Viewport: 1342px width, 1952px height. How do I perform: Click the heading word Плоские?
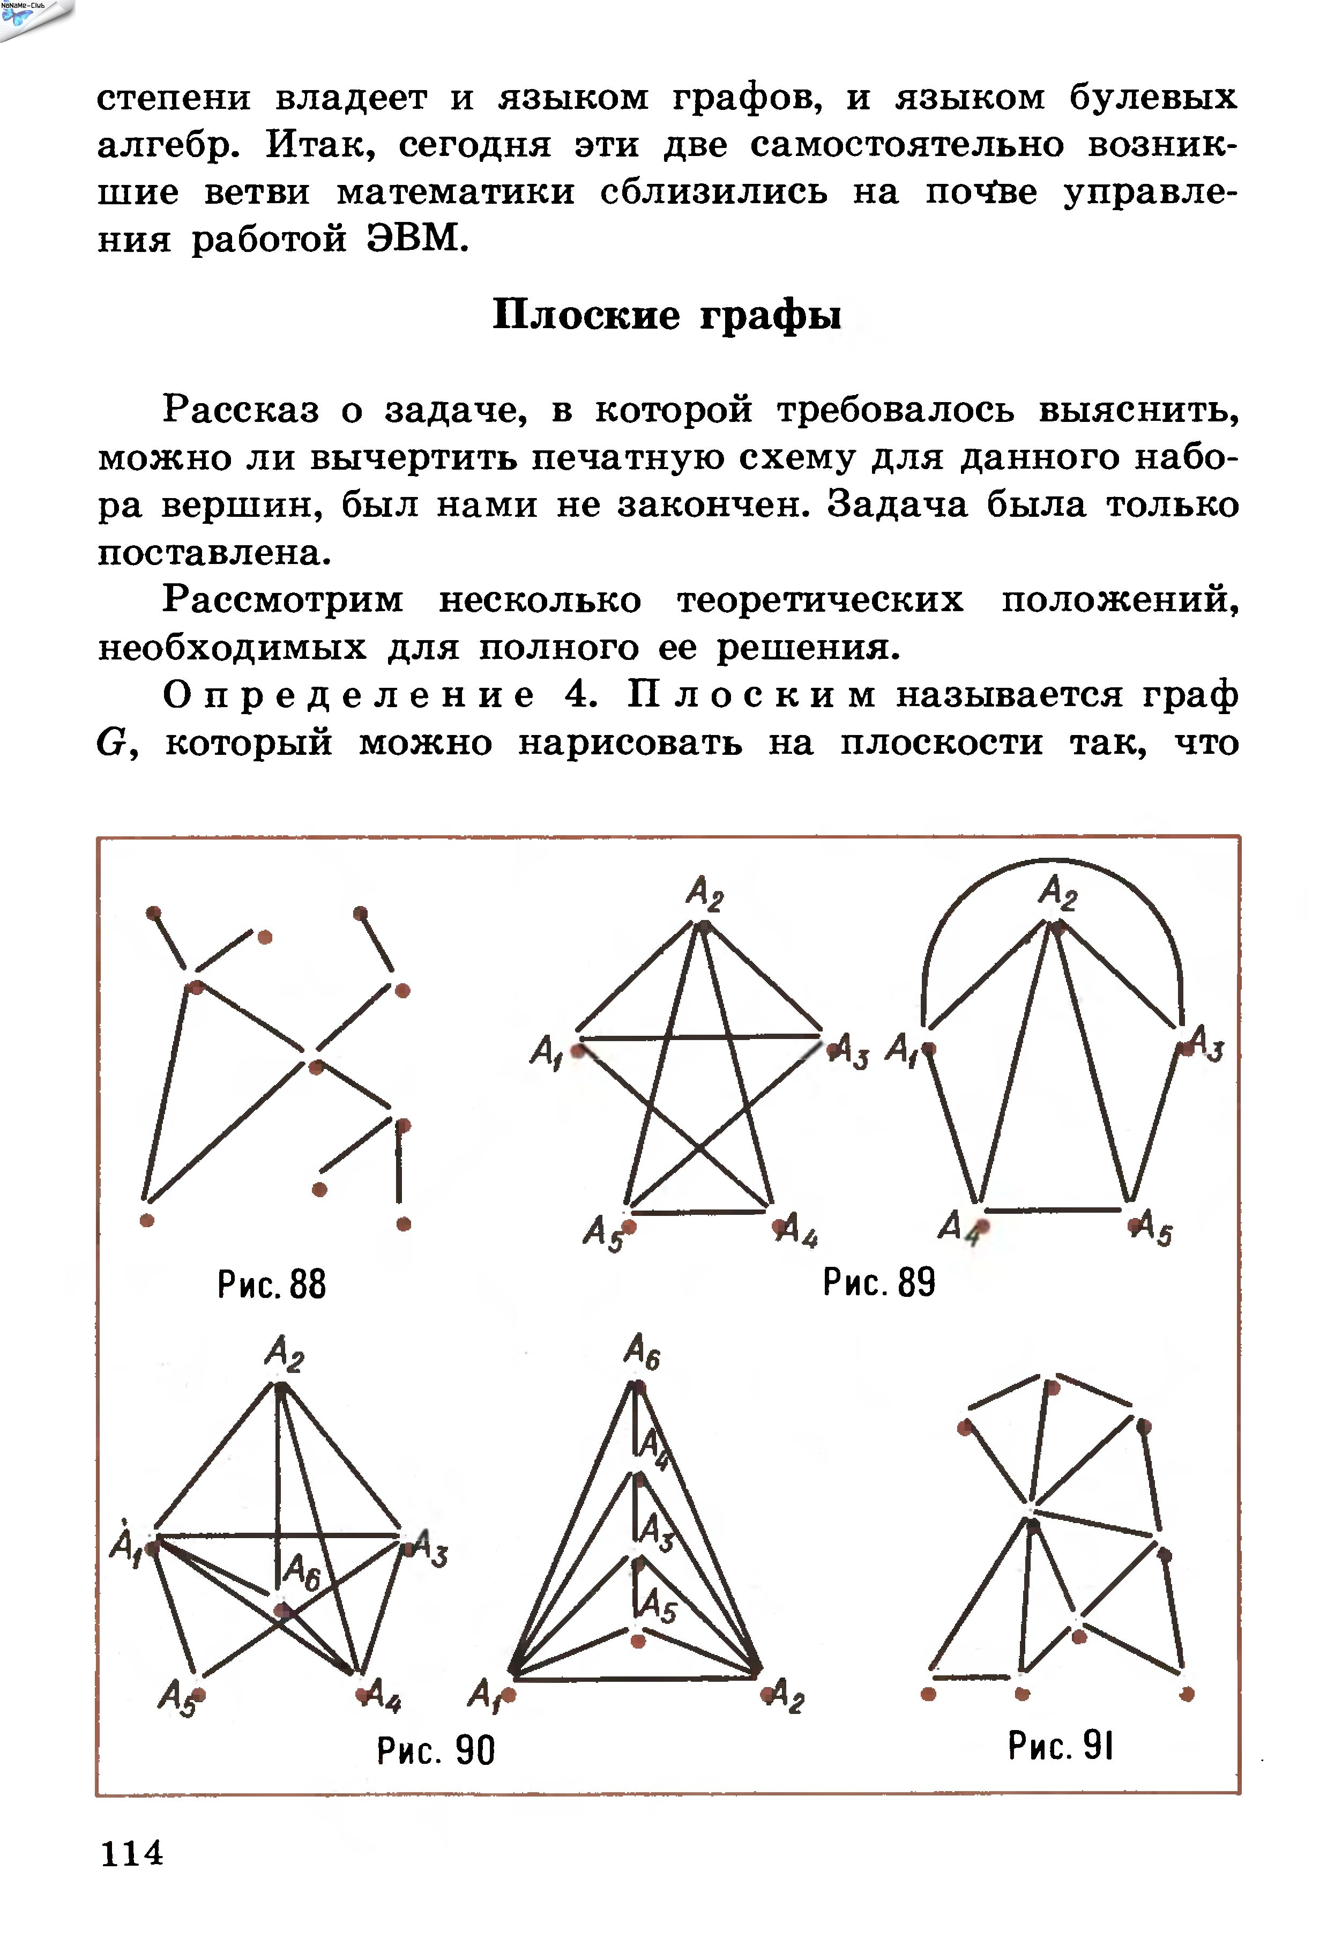pos(586,315)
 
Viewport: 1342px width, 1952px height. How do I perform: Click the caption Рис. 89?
pos(879,1282)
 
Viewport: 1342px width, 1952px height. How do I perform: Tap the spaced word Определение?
pos(348,695)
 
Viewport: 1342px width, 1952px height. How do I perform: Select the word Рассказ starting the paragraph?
pos(241,410)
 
